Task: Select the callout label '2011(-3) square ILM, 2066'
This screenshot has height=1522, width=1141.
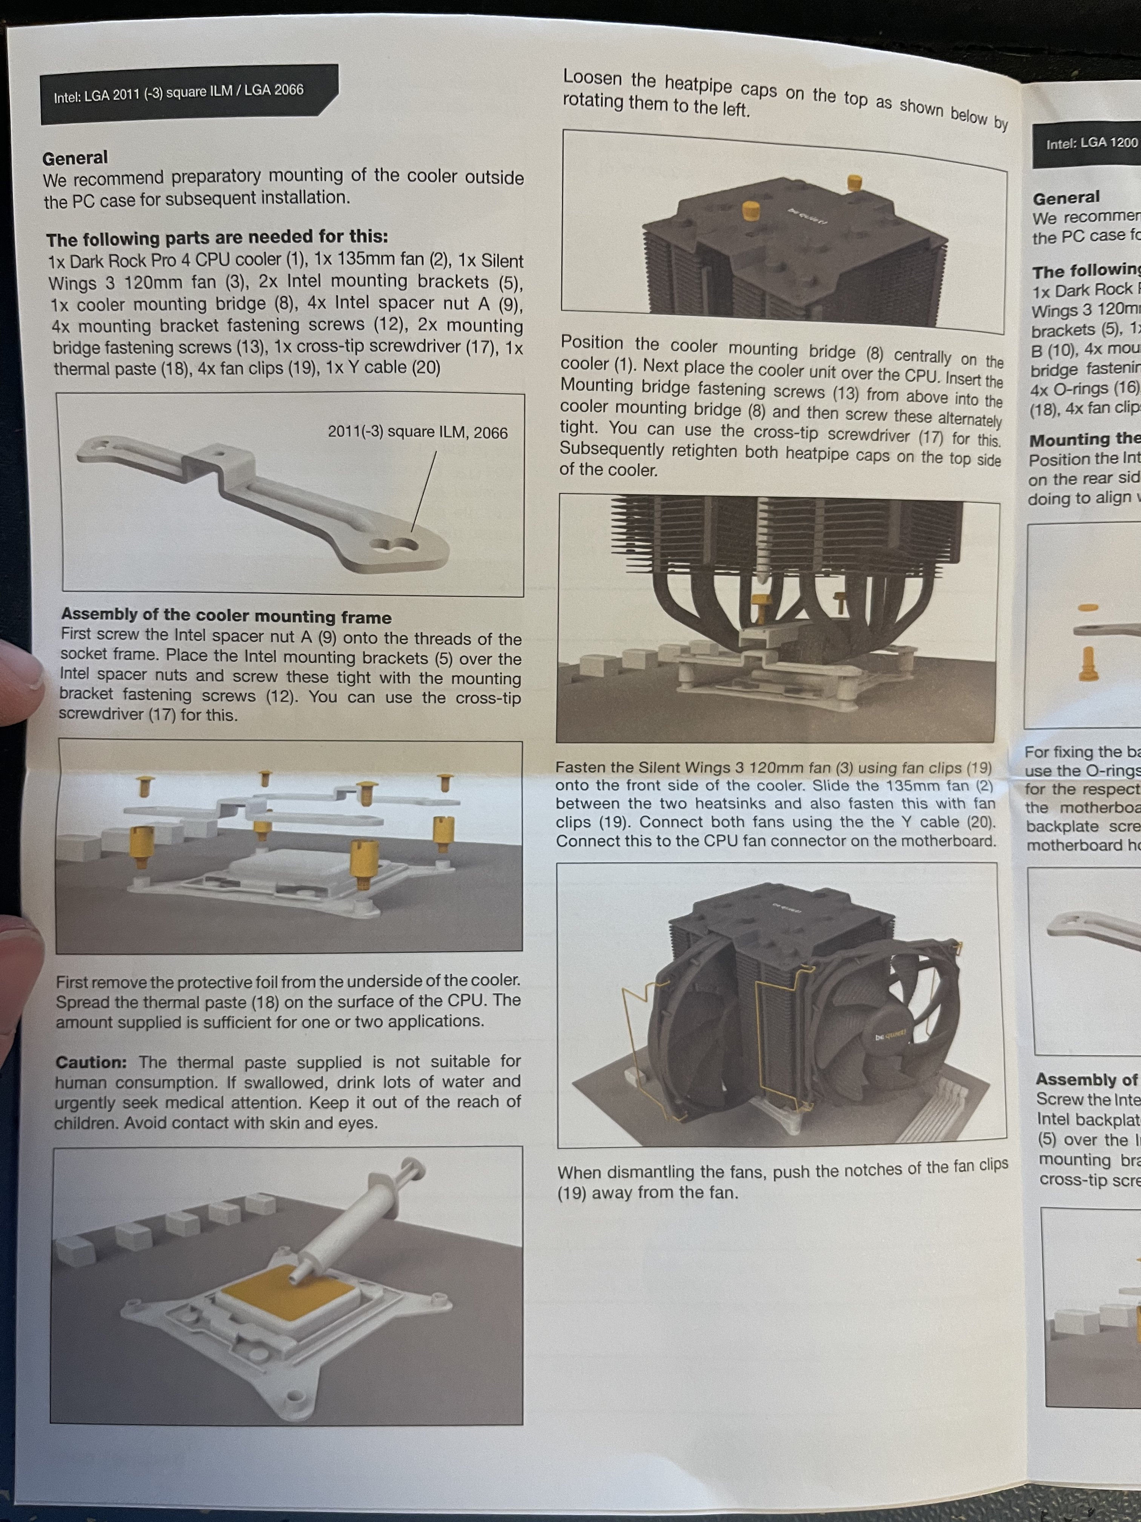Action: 417,432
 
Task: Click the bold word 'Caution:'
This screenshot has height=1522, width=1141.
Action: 91,1062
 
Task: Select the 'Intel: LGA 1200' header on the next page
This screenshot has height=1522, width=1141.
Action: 1092,143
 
